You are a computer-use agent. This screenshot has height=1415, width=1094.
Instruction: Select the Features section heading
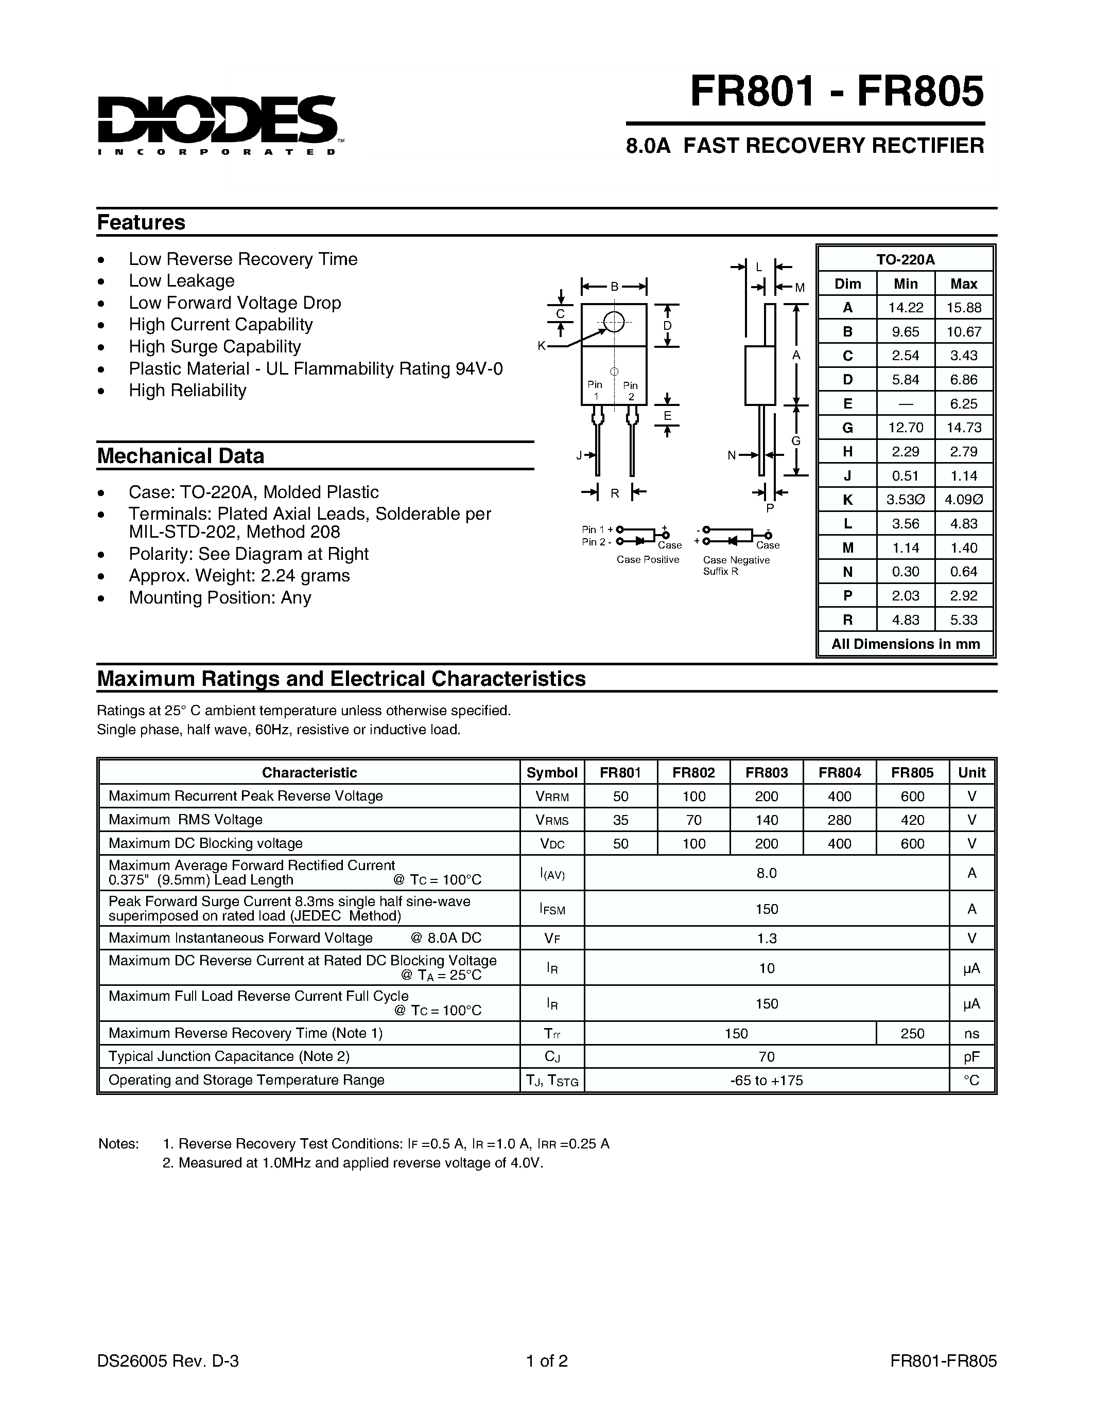coord(141,222)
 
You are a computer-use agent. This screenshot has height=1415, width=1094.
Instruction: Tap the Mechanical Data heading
coord(180,455)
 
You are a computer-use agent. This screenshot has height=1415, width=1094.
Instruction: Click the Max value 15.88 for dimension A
coord(963,308)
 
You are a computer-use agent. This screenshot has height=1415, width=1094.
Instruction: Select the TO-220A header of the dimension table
coord(906,259)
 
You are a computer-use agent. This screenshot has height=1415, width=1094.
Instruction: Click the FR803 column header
coord(766,772)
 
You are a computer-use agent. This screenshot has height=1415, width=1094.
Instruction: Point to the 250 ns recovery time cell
coord(912,1033)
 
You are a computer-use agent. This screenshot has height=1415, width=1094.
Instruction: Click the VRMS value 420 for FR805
coord(912,820)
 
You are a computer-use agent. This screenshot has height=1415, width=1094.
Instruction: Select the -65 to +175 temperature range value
coord(766,1080)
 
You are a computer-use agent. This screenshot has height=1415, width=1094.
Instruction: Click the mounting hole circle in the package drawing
coord(613,322)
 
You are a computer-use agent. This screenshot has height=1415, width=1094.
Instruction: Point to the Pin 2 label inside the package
coord(630,391)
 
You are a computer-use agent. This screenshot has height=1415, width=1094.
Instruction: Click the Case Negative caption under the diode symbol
coord(736,560)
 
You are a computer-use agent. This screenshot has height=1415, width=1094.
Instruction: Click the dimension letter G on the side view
coord(796,441)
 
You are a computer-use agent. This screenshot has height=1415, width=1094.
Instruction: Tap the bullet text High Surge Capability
coord(215,347)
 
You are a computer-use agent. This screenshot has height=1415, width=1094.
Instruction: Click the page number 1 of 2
coord(547,1360)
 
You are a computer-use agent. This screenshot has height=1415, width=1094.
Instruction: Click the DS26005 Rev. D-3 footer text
coord(168,1360)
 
